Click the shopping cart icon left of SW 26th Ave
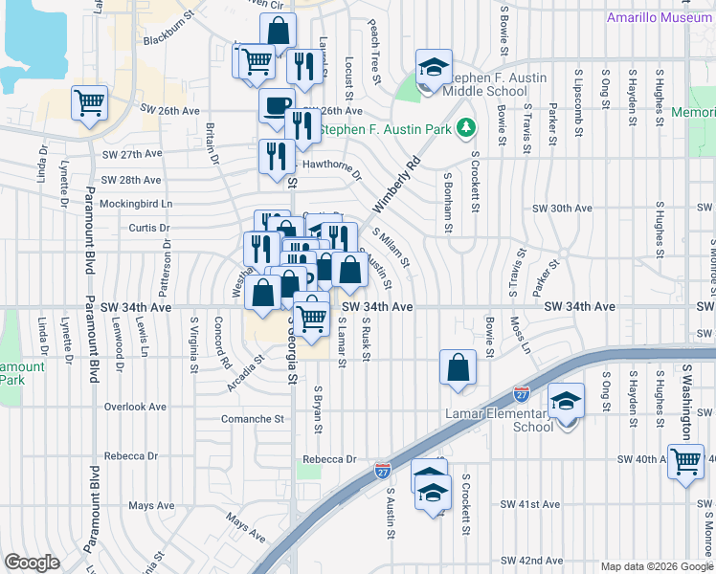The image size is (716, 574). point(89,101)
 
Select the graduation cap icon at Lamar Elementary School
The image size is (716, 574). point(567,402)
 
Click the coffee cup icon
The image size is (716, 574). point(277,105)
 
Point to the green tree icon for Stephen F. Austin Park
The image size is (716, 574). point(466,127)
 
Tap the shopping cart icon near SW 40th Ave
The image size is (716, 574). point(686,461)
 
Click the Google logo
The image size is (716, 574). point(32,563)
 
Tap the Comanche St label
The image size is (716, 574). point(253,419)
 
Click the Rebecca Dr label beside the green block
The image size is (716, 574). point(330,459)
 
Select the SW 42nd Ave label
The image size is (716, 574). point(531,561)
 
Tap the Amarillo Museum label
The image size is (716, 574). point(660,18)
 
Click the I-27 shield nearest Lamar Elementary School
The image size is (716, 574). point(522,393)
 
